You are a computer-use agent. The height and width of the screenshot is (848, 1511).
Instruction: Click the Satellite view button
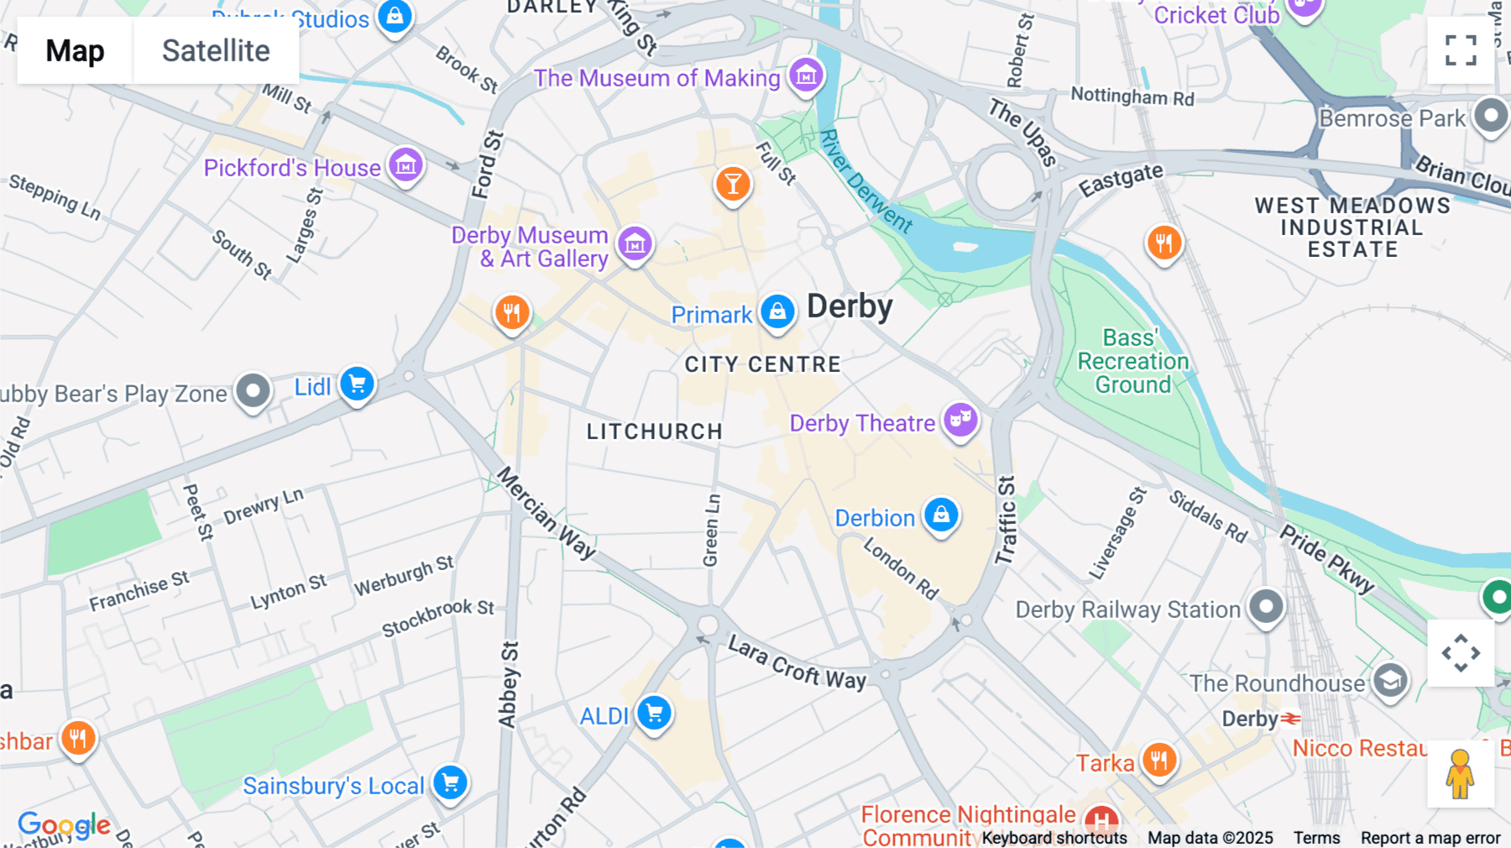[x=216, y=50]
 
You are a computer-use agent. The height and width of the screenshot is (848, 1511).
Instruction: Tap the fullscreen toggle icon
[x=1461, y=50]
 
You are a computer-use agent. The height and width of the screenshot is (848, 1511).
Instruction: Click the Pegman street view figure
[x=1461, y=774]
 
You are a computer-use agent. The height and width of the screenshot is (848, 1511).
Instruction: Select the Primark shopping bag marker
[x=777, y=311]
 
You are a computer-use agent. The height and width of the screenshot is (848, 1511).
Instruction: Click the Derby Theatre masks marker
[x=960, y=418]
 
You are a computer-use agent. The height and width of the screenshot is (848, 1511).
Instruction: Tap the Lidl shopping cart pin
[x=357, y=385]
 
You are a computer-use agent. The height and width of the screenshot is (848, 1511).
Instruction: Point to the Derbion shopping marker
[x=941, y=514]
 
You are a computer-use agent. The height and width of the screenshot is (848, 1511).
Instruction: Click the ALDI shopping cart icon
[x=654, y=714]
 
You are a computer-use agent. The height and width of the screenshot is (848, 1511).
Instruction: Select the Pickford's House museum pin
[x=406, y=165]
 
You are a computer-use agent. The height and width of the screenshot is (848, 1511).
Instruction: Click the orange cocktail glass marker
[x=733, y=183]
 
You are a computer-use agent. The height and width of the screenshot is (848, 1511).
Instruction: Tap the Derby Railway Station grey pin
[x=1266, y=605]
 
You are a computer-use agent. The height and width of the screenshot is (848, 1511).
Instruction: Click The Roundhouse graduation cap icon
[x=1390, y=681]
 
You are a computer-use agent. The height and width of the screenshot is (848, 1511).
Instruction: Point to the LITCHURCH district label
[x=654, y=432]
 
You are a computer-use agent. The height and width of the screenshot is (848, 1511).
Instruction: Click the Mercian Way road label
[x=546, y=513]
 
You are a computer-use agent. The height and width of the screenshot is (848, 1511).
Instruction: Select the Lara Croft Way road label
[x=797, y=662]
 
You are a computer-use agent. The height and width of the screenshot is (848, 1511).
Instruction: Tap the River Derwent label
[x=865, y=181]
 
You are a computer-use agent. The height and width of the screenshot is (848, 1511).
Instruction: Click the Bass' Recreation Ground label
[x=1132, y=362]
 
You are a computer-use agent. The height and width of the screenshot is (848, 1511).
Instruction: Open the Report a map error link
[x=1430, y=838]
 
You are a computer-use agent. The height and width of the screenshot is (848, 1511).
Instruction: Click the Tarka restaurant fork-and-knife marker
[x=1158, y=760]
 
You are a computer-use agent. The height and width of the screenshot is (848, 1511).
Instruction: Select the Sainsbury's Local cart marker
[x=451, y=783]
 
